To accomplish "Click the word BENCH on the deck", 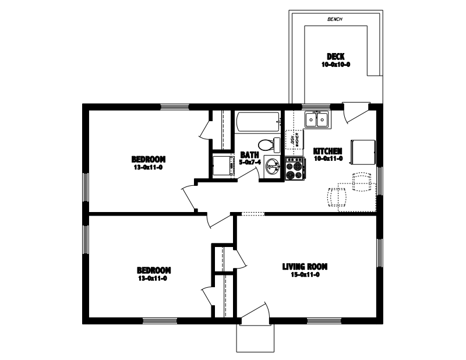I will tap(335, 19).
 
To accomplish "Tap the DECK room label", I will tap(335, 57).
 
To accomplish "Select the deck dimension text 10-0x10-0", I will tap(336, 65).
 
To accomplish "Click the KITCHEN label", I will tap(327, 150).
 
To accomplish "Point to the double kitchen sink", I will tap(317, 119).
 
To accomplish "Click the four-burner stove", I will tap(294, 168).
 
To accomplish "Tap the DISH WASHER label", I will tap(294, 140).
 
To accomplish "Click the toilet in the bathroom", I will tap(268, 144).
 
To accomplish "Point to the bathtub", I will tap(257, 122).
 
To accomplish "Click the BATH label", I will tap(249, 155).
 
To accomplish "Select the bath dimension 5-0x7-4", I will tap(249, 162).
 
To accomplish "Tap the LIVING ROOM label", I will tap(305, 267).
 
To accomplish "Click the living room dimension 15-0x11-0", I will tap(305, 274).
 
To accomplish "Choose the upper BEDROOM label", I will tap(149, 159).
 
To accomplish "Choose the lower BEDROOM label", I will tap(154, 270).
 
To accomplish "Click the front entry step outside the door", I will tap(255, 338).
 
